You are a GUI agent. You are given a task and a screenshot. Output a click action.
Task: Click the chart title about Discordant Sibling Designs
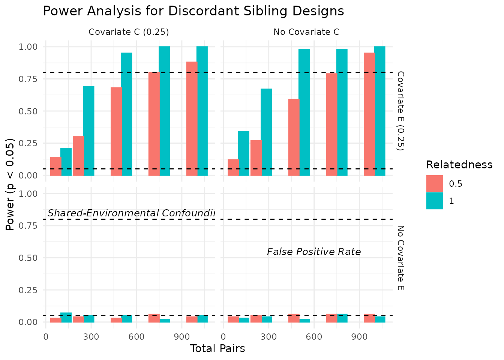193,11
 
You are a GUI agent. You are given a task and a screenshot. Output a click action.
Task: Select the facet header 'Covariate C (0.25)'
129,32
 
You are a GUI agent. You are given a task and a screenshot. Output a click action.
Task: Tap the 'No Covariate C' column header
306,32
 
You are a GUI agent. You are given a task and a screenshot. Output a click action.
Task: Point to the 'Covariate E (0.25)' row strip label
400,111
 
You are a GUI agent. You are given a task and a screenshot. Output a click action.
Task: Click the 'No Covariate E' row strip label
400,258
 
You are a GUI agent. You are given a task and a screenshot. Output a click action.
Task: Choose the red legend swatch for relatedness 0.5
435,184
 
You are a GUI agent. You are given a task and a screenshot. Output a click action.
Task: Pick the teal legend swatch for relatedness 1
435,201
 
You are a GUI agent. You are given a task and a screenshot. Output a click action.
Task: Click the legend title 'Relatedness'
459,165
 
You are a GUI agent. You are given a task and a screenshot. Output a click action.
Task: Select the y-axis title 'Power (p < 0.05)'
10,184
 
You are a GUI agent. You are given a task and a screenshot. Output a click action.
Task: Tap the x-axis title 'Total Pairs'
217,349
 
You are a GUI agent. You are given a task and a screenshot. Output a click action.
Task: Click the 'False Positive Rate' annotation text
314,252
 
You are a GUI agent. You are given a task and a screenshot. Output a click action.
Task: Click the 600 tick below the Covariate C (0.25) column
136,337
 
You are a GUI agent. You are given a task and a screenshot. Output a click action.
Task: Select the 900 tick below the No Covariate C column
359,337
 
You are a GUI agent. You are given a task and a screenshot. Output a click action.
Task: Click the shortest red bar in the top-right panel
233,168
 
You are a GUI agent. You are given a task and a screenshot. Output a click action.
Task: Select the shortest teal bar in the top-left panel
66,162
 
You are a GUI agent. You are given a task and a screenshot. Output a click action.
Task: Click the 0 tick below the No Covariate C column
223,337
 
